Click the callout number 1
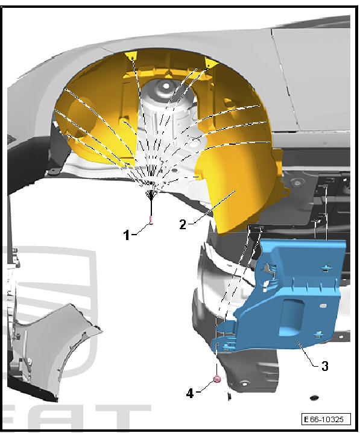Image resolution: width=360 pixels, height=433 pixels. pos(127,235)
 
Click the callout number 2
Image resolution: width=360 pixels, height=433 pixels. pos(182,224)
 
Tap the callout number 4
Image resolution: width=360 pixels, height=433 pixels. pos(191,393)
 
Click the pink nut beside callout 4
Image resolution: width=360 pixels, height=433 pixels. pos(216,379)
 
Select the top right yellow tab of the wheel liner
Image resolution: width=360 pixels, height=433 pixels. pos(210,63)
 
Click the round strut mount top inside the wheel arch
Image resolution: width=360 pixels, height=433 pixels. pos(163,92)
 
